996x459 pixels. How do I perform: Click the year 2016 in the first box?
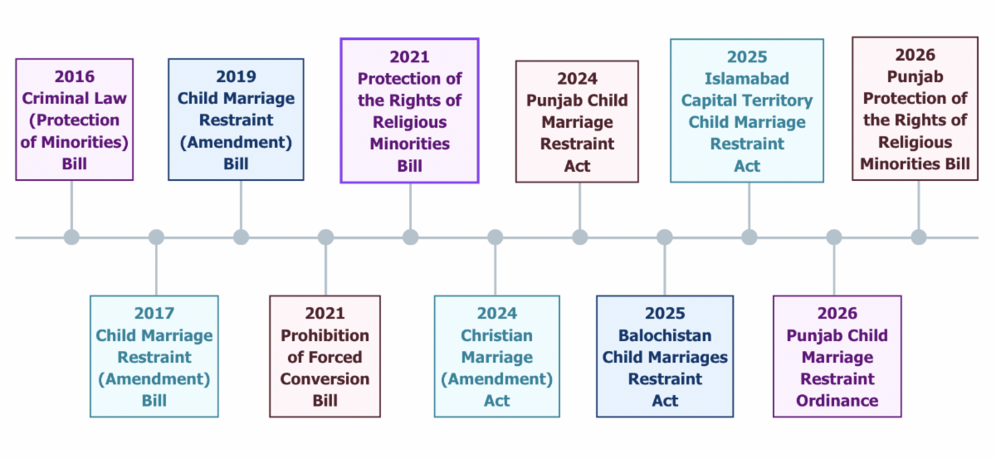(x=74, y=76)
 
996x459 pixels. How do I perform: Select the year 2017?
(x=154, y=313)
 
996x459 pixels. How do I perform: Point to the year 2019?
(x=236, y=76)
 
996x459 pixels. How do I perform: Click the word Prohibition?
(x=325, y=335)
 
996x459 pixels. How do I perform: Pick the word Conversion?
(x=325, y=379)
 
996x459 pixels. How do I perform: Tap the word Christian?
(x=496, y=335)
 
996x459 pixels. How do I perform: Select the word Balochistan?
(x=665, y=335)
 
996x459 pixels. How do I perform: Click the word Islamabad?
(x=747, y=79)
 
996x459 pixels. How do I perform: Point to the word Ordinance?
(x=837, y=401)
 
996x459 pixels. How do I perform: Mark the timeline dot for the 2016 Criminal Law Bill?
(x=71, y=237)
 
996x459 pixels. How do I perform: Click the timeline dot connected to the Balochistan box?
(x=665, y=237)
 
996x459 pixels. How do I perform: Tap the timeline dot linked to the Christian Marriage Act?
(x=495, y=237)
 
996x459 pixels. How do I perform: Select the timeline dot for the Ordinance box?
(x=834, y=237)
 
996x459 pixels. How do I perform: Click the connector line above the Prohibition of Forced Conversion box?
(x=326, y=270)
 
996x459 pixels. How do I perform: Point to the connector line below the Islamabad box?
(x=749, y=206)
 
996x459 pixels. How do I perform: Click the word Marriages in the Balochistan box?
(x=699, y=357)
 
